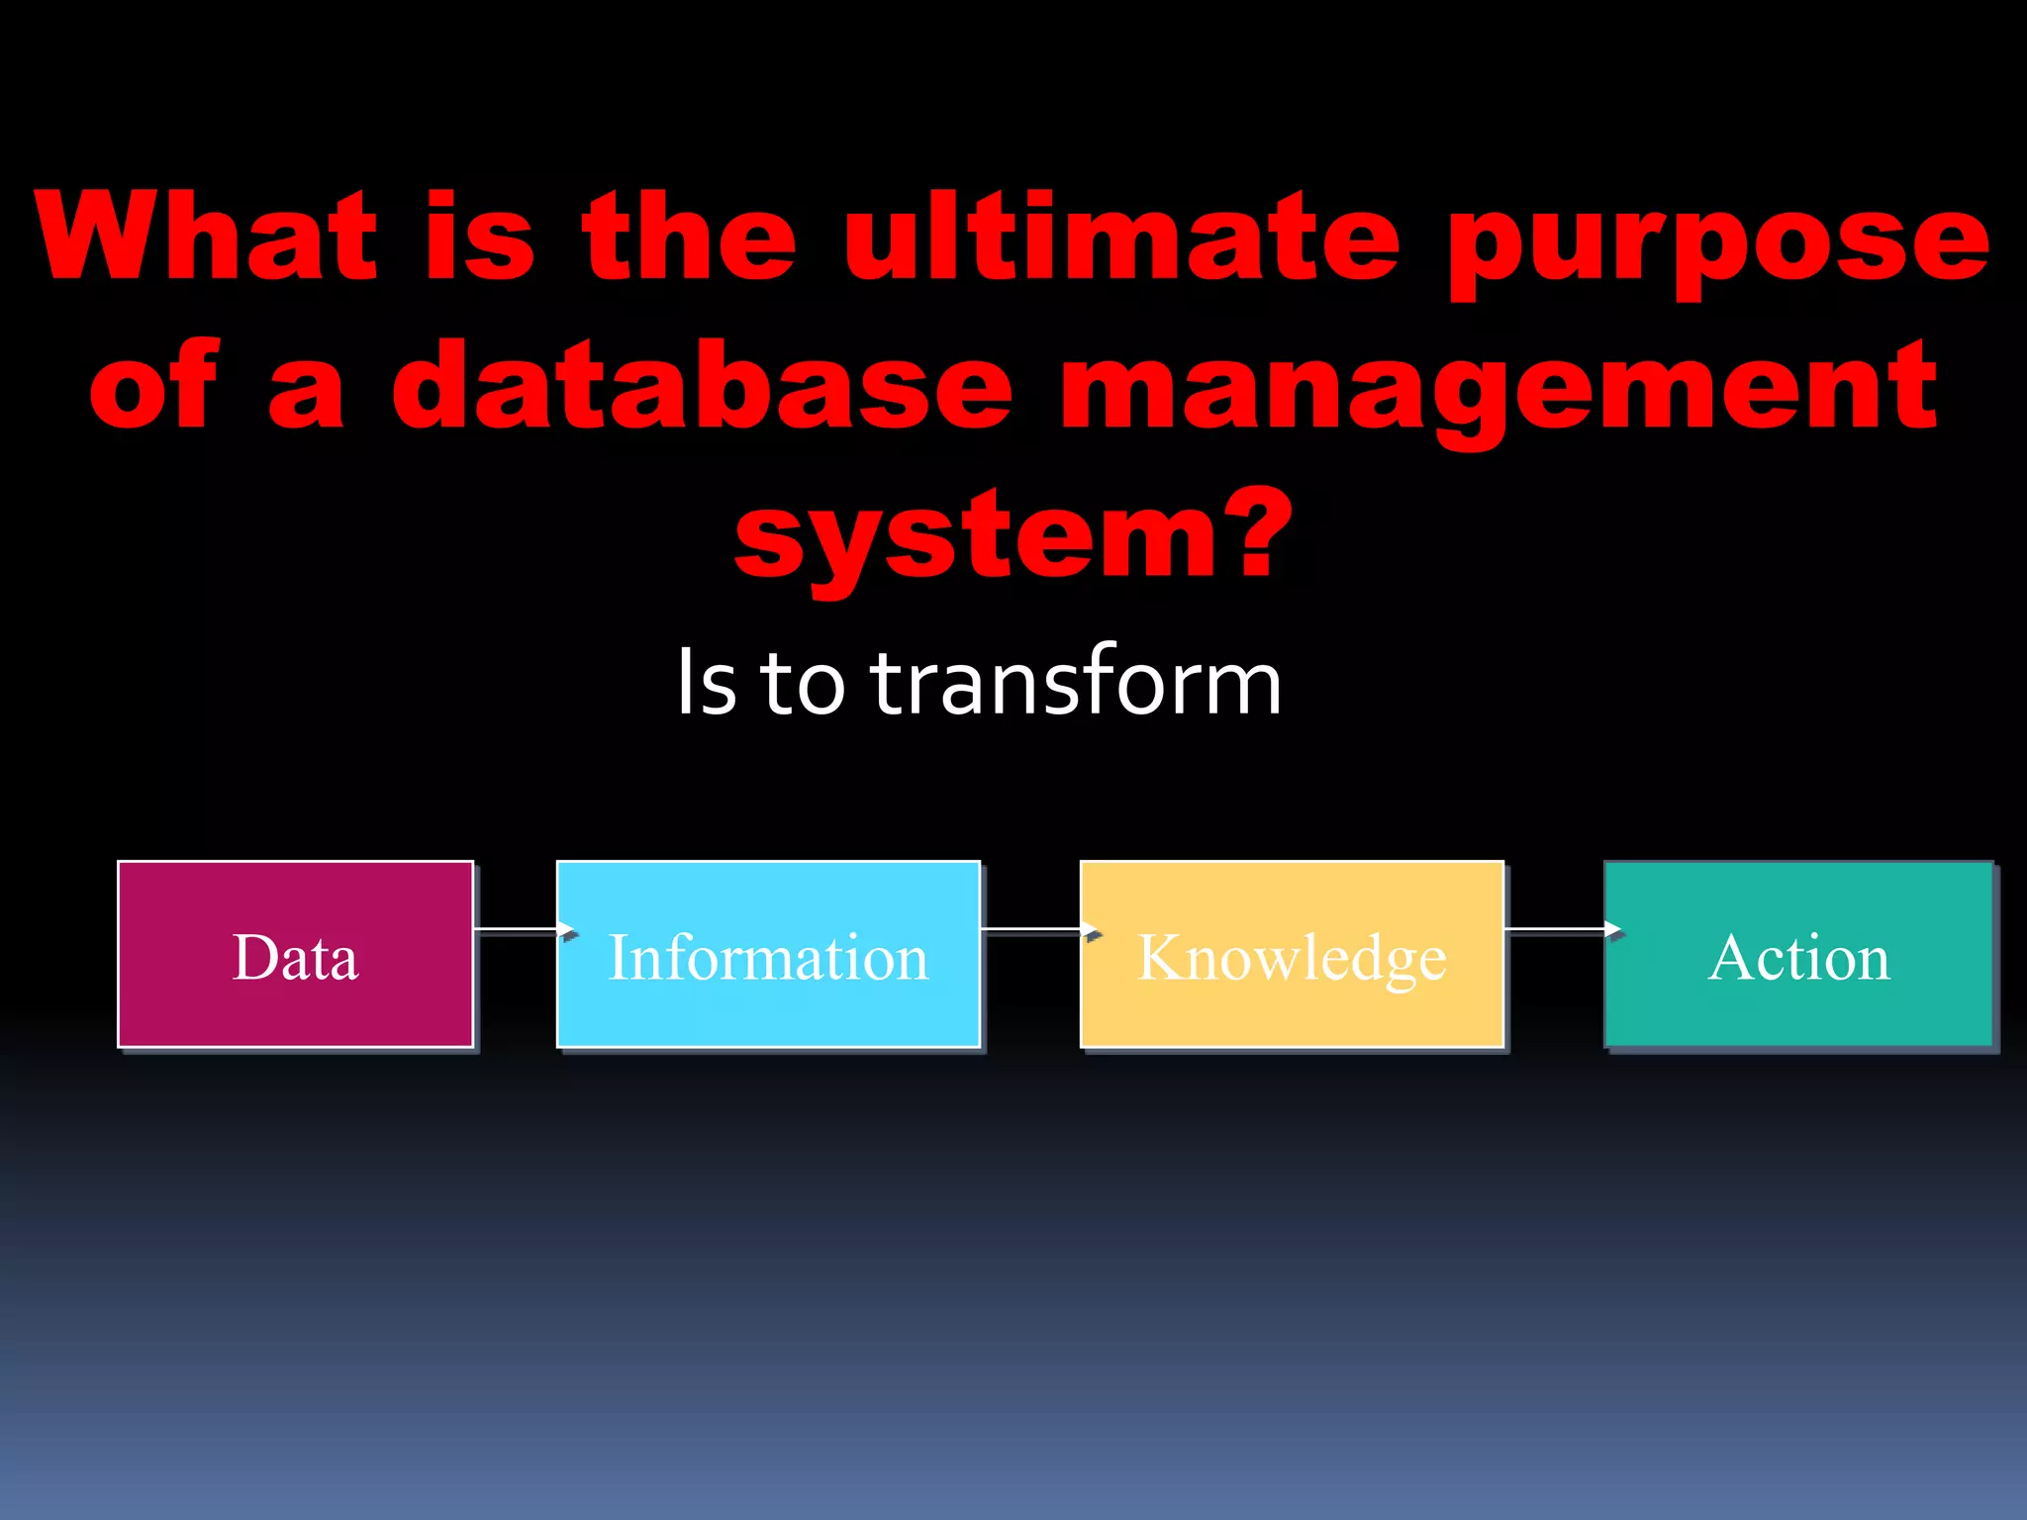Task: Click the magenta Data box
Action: coord(295,954)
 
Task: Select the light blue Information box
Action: coord(768,954)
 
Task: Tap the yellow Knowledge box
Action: coord(1292,954)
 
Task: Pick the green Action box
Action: coord(1798,954)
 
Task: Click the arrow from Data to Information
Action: coord(523,929)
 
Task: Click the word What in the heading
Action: coord(206,237)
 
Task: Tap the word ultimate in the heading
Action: coord(1120,237)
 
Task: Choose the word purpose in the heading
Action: coord(1718,242)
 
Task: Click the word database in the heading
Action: coord(703,386)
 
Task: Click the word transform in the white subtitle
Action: coord(1076,683)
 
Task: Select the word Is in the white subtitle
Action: coord(707,683)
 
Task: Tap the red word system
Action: coord(975,539)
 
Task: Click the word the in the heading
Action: coord(689,237)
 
